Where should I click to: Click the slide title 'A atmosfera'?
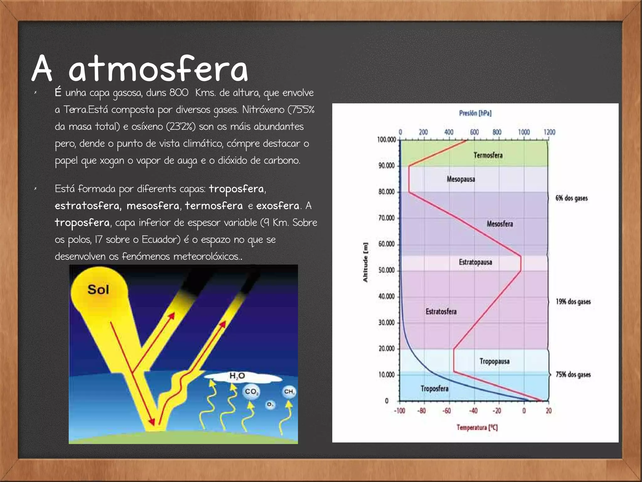click(140, 68)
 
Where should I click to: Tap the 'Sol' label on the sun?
click(98, 290)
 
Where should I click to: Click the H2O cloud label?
click(237, 376)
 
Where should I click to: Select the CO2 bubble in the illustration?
click(251, 392)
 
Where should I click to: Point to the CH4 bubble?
click(289, 392)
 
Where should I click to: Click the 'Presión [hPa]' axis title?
click(475, 113)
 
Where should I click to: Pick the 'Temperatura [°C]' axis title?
click(477, 427)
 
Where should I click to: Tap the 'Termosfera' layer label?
click(488, 155)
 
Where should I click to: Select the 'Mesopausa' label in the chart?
click(461, 179)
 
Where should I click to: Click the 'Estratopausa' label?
click(475, 262)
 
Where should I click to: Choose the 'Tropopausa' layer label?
click(494, 361)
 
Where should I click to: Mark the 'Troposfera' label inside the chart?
click(434, 389)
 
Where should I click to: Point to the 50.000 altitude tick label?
click(386, 270)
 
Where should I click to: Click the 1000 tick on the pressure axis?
click(524, 132)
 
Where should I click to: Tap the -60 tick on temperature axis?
click(446, 411)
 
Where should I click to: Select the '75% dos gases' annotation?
click(573, 375)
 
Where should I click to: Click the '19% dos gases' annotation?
click(573, 302)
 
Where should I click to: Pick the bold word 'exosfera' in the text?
click(277, 206)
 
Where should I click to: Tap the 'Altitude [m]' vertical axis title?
click(365, 263)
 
